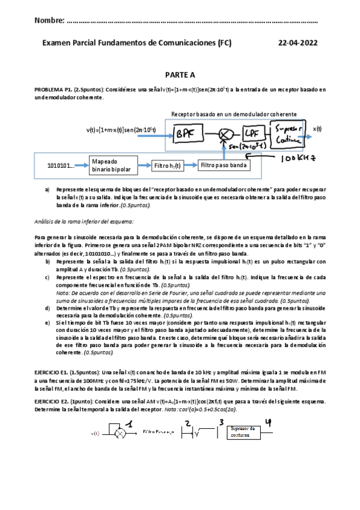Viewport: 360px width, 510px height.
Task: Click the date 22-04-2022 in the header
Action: (x=299, y=43)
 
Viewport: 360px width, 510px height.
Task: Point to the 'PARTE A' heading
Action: (x=180, y=75)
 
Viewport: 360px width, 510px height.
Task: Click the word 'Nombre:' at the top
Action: (x=50, y=21)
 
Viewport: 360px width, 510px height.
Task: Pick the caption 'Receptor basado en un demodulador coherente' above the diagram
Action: (x=233, y=114)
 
